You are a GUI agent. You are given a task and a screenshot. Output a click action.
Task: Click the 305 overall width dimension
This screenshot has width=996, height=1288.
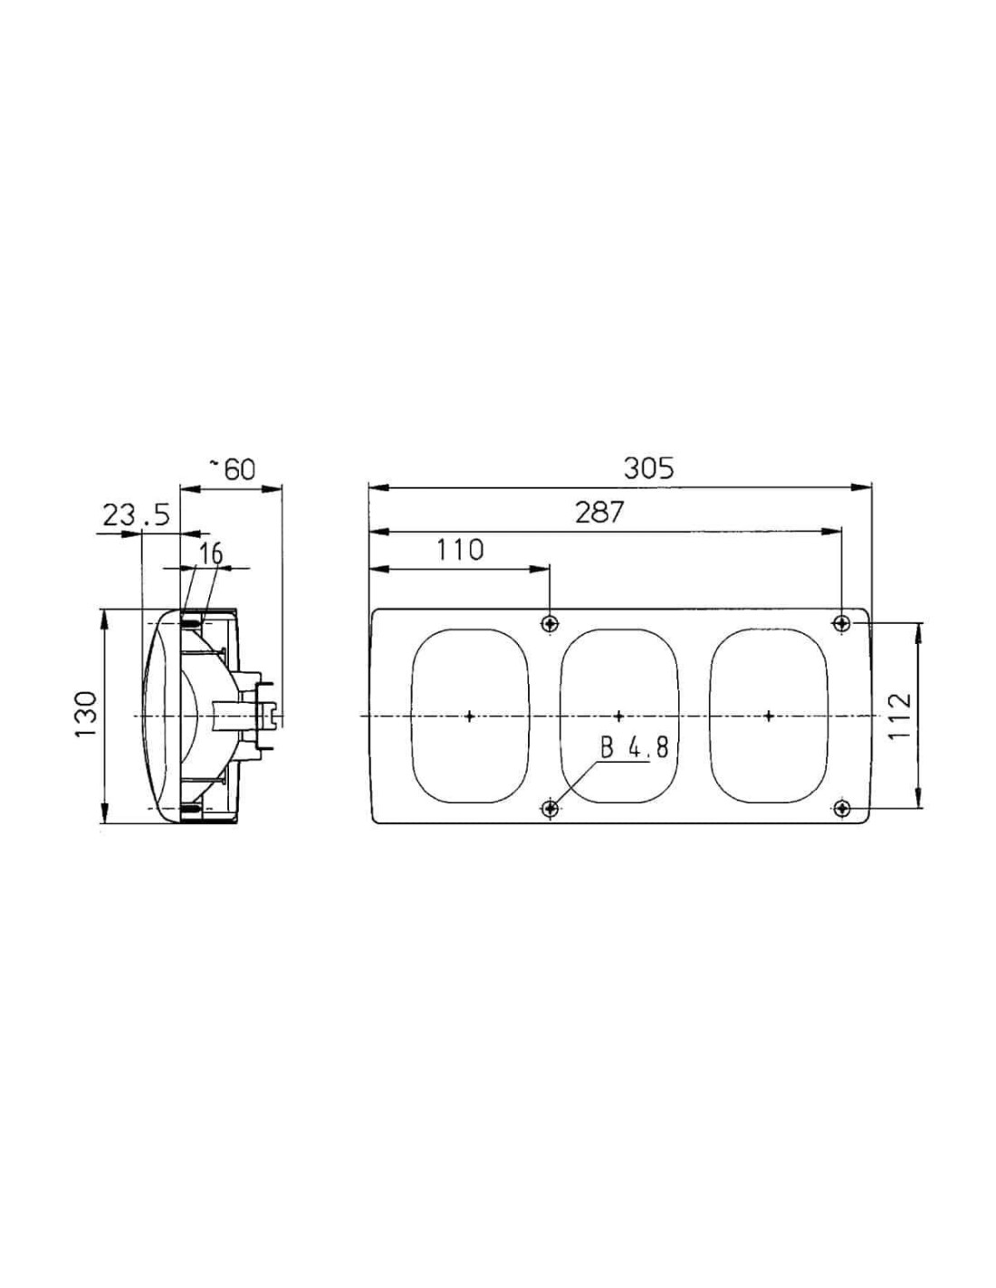pyautogui.click(x=648, y=469)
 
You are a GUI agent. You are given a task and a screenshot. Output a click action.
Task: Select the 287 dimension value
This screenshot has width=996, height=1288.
pyautogui.click(x=599, y=513)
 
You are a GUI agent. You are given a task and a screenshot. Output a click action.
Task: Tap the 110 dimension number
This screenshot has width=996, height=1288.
pyautogui.click(x=460, y=550)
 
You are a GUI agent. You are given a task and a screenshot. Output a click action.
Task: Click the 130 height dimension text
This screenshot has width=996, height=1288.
pyautogui.click(x=85, y=715)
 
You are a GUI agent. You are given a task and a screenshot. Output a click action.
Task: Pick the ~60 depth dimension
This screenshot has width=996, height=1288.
pyautogui.click(x=233, y=469)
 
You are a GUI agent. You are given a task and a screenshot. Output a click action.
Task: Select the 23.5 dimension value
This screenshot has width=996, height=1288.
pyautogui.click(x=137, y=515)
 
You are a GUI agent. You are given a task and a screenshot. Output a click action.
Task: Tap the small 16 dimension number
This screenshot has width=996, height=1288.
pyautogui.click(x=210, y=553)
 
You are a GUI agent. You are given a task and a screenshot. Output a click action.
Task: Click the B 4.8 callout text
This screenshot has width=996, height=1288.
pyautogui.click(x=634, y=747)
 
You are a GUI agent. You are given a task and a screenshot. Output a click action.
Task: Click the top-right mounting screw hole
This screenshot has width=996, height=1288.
pyautogui.click(x=841, y=623)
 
